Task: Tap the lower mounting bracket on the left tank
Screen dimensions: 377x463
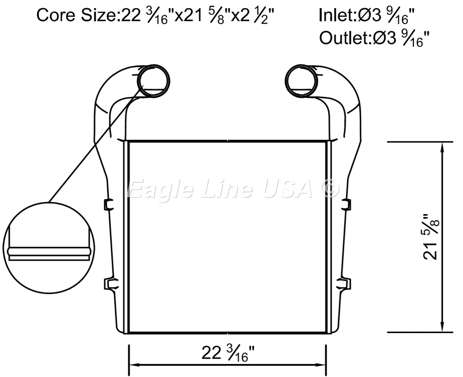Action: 109,283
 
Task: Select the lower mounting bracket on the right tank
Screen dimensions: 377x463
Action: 346,283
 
